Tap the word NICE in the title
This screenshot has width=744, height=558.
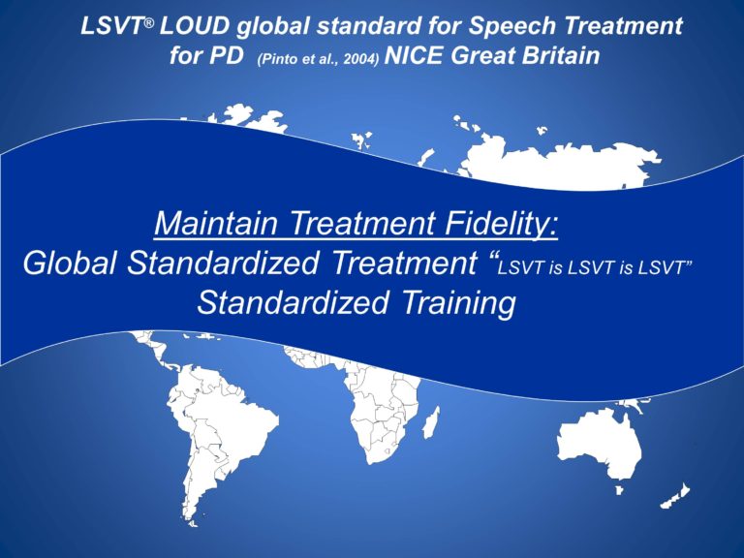point(416,56)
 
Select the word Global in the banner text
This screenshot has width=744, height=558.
point(77,264)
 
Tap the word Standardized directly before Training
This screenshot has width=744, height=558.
point(295,303)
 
